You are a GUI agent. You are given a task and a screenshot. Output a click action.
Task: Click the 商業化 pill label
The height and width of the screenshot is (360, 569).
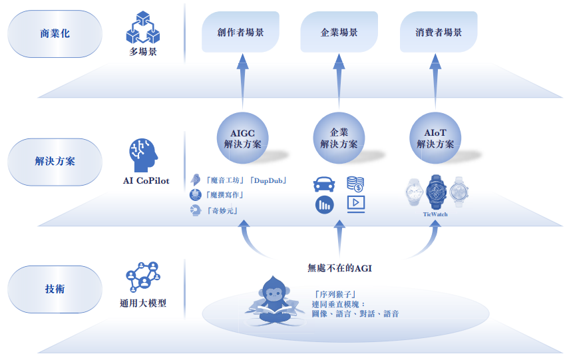coord(55,33)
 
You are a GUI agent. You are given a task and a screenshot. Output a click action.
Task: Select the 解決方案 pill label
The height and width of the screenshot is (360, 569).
coord(55,161)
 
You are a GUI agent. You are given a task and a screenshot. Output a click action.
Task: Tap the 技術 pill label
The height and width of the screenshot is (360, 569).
coord(55,289)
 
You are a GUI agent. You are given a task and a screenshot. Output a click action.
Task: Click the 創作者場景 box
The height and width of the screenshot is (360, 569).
coord(240,32)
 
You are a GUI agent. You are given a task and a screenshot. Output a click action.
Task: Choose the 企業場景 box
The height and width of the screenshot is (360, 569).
coord(339,32)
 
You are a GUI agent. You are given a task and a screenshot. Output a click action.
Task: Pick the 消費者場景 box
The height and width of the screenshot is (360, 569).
coord(438,32)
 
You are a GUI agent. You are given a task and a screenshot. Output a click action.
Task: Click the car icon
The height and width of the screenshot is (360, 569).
coord(324,184)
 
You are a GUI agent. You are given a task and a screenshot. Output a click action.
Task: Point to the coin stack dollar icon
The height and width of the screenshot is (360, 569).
coord(355,184)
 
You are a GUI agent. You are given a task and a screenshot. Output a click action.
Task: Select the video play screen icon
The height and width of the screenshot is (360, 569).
coord(355,204)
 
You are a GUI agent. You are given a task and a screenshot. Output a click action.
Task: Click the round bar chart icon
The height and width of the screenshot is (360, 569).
coord(324,204)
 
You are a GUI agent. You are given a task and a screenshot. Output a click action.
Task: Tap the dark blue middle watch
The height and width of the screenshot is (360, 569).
coord(436,192)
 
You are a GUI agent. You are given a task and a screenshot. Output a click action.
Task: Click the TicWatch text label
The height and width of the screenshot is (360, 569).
coord(435,214)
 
